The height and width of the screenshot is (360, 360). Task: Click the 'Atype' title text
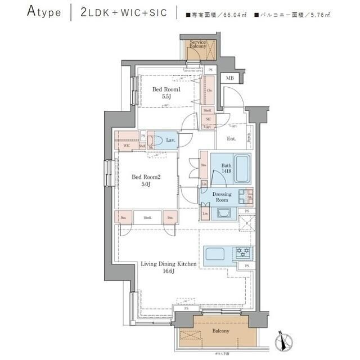[x=43, y=12]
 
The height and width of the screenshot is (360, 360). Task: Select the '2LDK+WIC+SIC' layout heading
[x=124, y=12]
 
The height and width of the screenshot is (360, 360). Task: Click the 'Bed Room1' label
[x=166, y=89]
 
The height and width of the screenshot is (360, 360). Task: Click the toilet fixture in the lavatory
[x=158, y=139]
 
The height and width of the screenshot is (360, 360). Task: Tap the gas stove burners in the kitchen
[x=244, y=253]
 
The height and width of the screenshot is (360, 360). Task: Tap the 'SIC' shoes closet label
[x=208, y=119]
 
